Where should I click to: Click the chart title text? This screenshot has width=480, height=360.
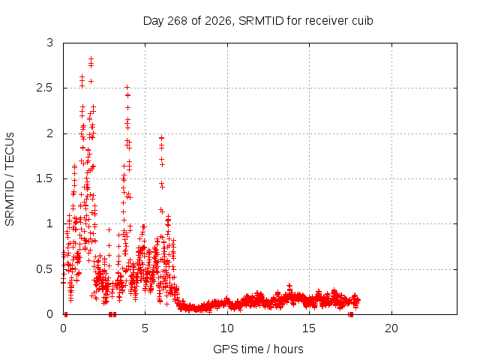[258, 21]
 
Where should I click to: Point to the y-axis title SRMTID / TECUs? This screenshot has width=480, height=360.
[10, 179]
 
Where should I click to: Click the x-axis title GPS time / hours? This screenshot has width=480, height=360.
[258, 349]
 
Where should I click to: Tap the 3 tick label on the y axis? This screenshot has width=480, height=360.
[49, 43]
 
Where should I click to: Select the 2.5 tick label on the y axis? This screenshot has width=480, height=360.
[45, 88]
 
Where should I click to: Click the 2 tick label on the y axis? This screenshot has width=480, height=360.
[49, 133]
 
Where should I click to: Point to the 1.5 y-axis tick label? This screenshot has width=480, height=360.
[45, 178]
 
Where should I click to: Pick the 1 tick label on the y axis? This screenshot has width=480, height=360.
[49, 223]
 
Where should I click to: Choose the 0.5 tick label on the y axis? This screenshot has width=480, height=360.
[45, 269]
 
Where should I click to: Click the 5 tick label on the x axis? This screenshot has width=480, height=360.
[145, 328]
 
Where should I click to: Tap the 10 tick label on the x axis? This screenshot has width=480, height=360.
[227, 328]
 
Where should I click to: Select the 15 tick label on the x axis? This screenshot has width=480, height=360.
[309, 328]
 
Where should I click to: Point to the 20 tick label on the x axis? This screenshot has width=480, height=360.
[391, 328]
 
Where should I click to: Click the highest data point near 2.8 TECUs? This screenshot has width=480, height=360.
[91, 58]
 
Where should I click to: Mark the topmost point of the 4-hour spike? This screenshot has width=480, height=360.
[127, 88]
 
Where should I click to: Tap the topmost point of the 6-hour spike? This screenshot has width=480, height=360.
[162, 138]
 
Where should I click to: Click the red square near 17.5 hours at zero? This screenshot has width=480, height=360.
[351, 314]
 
